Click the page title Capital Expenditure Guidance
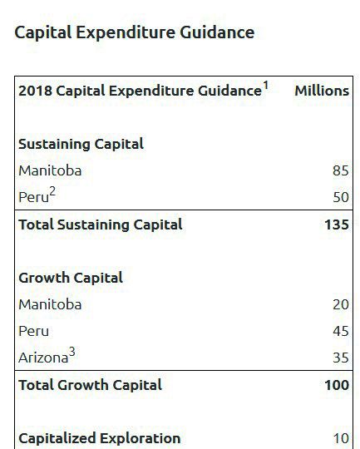(135, 32)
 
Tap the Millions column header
(322, 91)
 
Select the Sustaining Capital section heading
(81, 144)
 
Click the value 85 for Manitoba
(341, 170)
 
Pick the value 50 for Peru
(341, 197)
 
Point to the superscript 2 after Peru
(52, 191)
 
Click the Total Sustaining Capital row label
(101, 224)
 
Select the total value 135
(337, 224)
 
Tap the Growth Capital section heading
(71, 278)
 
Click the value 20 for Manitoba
(341, 304)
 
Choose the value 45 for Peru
(341, 331)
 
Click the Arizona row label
(43, 358)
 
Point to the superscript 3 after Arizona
(72, 352)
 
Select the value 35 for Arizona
(341, 358)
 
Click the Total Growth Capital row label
(91, 385)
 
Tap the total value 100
(337, 385)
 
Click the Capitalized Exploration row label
(100, 438)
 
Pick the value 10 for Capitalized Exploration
(341, 438)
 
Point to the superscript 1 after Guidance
(265, 86)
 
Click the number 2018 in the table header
(35, 91)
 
